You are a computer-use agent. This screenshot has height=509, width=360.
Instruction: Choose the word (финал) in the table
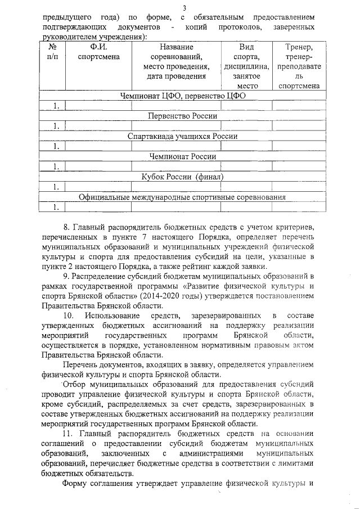coord(208,177)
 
